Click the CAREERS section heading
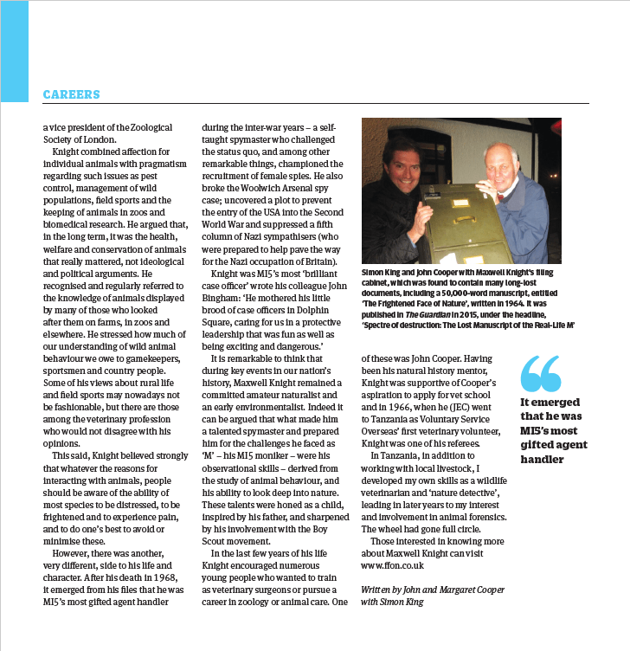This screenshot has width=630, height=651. coord(71,94)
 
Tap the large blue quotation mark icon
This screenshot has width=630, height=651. coord(541,374)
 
